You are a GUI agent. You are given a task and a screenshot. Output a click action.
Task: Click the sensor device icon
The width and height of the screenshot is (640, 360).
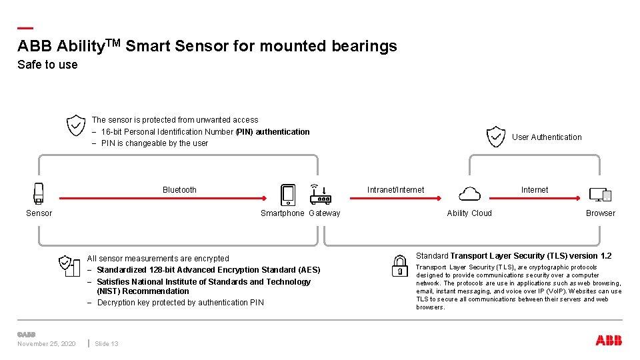(x=39, y=193)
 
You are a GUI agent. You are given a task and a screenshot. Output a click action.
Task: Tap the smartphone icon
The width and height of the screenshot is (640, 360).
(x=288, y=195)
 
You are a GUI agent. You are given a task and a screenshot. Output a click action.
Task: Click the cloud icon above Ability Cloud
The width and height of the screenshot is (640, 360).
(x=470, y=194)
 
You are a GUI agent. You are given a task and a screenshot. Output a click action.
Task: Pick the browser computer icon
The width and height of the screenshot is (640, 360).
(x=600, y=195)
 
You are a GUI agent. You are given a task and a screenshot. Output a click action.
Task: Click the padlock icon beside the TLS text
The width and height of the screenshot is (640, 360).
(x=400, y=265)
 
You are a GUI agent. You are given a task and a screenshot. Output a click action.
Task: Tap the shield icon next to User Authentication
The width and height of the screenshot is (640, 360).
(x=496, y=137)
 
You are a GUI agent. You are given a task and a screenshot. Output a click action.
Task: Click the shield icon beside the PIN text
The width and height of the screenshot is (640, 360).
(x=76, y=125)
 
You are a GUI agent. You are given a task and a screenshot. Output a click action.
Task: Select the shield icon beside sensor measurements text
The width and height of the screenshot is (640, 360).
(x=65, y=265)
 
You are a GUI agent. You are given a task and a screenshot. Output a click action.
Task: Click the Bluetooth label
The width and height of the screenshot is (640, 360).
(x=179, y=190)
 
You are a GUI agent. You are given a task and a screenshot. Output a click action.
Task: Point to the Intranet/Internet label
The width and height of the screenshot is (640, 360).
(x=395, y=190)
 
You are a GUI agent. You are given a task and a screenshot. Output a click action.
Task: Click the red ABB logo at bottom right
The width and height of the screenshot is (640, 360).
(x=608, y=341)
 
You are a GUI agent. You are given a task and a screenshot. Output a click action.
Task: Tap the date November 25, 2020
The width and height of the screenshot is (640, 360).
(x=46, y=344)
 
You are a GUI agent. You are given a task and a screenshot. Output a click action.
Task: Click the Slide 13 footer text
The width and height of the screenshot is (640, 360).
(x=107, y=344)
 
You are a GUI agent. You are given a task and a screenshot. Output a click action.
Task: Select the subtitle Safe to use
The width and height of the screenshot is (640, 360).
(x=47, y=65)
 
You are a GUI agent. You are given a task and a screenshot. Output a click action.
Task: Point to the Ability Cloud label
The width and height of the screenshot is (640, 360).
(x=469, y=213)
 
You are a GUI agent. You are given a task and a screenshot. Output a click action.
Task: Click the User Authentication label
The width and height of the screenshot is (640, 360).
(x=547, y=137)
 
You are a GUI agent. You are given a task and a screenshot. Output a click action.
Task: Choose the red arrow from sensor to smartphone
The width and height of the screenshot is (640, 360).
(x=163, y=198)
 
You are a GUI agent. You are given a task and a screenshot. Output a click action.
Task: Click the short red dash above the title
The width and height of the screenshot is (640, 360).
(x=25, y=28)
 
